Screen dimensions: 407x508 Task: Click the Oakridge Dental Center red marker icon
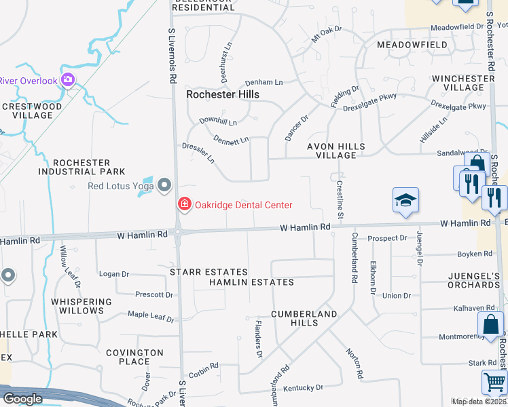[x=184, y=203]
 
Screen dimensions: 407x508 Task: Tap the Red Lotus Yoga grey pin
[x=164, y=185]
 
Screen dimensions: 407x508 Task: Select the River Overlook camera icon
[x=67, y=81]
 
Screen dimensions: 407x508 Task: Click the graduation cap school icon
[x=405, y=201]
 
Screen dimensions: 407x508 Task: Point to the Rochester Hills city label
[x=223, y=95]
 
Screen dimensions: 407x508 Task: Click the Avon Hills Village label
[x=336, y=151]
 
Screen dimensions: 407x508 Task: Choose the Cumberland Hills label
[x=304, y=318]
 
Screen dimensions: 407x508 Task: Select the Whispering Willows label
[x=81, y=306]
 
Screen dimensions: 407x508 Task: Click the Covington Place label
[x=134, y=357]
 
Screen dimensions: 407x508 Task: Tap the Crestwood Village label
[x=32, y=111]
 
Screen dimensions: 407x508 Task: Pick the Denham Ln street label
[x=264, y=82]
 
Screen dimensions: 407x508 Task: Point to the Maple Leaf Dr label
[x=151, y=315]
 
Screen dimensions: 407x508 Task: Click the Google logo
[x=22, y=399]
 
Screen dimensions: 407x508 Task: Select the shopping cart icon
[x=494, y=382]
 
